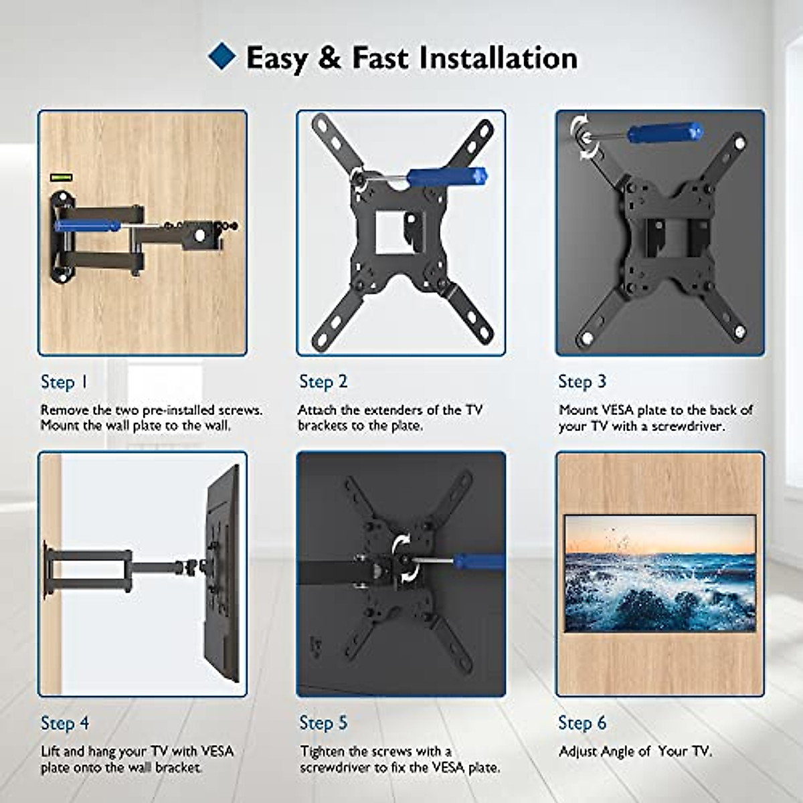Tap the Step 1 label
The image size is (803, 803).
pos(64,382)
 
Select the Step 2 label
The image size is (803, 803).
pos(323,381)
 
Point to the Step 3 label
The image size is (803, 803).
pos(582,381)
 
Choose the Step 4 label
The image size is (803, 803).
pos(64,723)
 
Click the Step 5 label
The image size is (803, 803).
pos(323,723)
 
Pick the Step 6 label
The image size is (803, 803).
pos(582,723)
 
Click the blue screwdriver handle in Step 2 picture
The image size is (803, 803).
pos(446,177)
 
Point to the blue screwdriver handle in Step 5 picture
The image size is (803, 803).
pos(480,562)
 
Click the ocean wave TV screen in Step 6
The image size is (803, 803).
pos(660,573)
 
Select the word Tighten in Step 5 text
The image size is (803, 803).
pos(323,751)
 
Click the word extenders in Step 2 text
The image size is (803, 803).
pos(389,410)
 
